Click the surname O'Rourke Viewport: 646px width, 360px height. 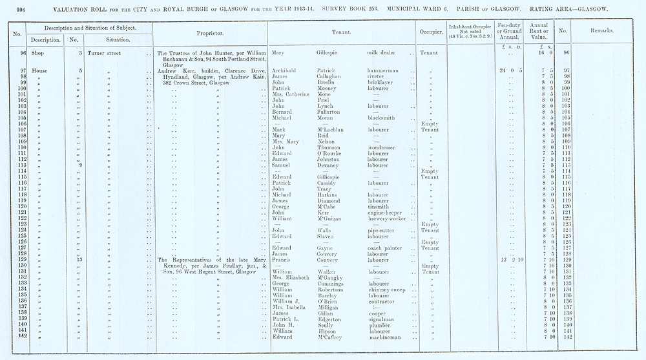tap(331, 154)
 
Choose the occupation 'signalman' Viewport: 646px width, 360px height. tap(383, 319)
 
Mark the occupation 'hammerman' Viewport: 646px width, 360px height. tap(385, 70)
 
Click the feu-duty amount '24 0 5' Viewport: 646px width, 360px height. tap(510, 70)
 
